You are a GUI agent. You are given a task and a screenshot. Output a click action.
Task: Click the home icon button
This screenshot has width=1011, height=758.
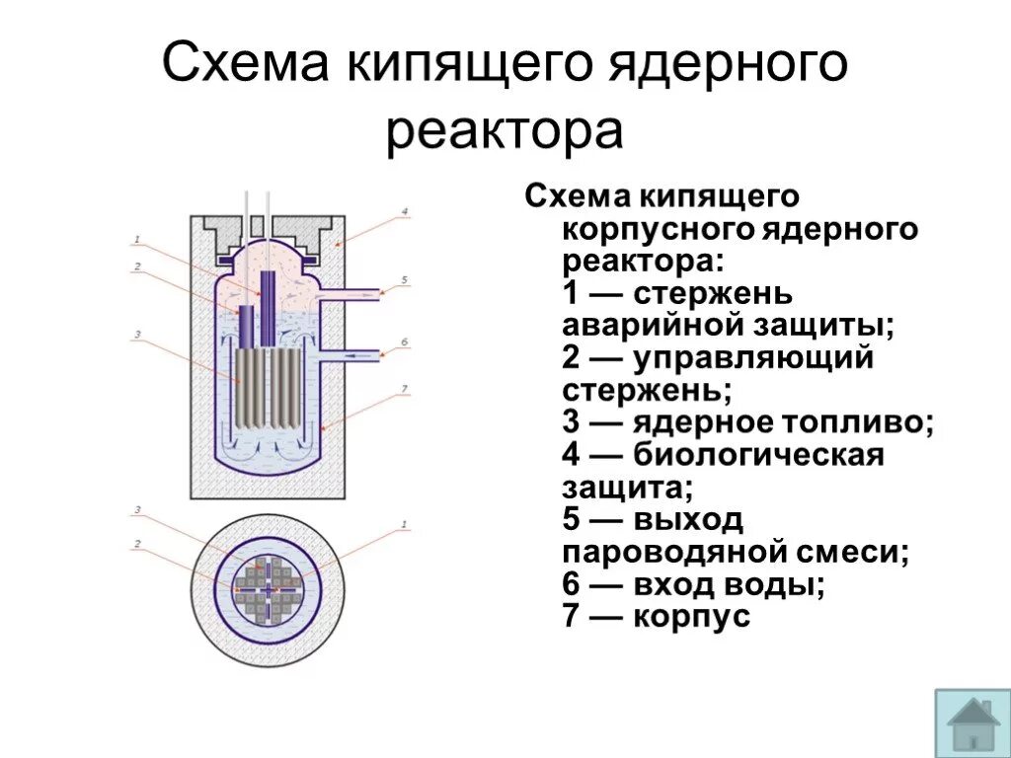pos(972,722)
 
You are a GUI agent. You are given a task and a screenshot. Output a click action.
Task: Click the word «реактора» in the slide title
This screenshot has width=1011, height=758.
pos(505,132)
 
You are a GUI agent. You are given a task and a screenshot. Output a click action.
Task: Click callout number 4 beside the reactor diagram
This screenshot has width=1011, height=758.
pos(404,212)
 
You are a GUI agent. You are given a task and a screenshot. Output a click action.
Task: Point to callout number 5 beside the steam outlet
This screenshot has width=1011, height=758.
pos(404,281)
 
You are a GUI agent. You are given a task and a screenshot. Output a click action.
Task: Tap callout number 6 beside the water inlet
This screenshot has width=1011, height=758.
pos(404,342)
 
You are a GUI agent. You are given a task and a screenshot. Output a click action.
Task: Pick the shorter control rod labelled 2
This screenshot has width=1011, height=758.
pos(247,327)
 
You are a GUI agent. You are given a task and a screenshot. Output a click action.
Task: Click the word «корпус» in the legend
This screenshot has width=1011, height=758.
pos(692,618)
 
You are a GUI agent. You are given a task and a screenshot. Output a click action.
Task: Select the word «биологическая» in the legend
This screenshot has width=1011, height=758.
pos(758,455)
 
